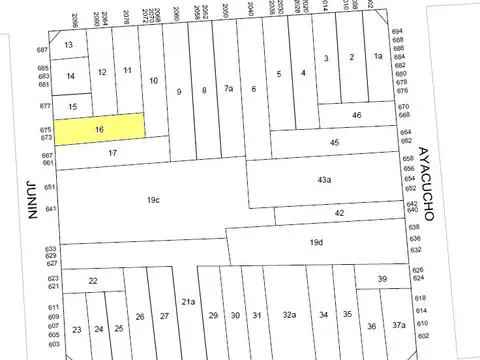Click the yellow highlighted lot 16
click(99, 129)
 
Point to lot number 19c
click(153, 200)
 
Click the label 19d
click(316, 242)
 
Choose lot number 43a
click(324, 179)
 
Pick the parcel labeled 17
click(113, 153)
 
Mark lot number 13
click(68, 46)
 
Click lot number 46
click(357, 116)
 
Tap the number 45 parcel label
click(335, 143)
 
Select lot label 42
click(340, 212)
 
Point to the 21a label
click(189, 301)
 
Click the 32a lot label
click(289, 315)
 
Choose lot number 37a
click(398, 325)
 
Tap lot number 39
click(381, 279)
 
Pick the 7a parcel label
click(228, 90)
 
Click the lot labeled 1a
click(378, 57)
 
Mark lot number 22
click(92, 283)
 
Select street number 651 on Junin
click(49, 187)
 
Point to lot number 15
click(71, 106)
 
